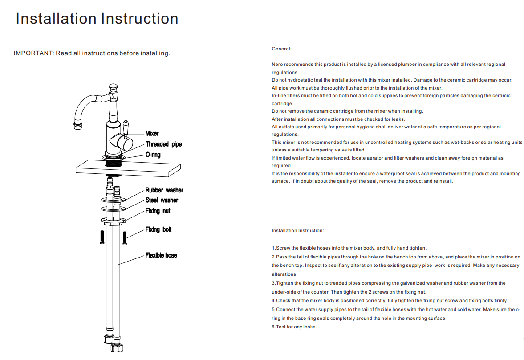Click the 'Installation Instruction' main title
[x=97, y=19]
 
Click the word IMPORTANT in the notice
[x=33, y=53]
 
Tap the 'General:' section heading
[x=281, y=49]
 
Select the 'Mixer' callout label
[x=152, y=133]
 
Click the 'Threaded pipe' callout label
[x=163, y=144]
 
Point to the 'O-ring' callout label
[x=153, y=155]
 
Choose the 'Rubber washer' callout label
[x=164, y=190]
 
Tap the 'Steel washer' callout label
[x=162, y=200]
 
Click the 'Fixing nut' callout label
[x=158, y=211]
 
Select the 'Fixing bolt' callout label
[x=158, y=229]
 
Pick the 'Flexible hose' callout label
[x=161, y=255]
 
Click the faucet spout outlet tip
[x=78, y=126]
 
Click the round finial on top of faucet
[x=114, y=86]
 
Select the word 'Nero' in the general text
[x=277, y=65]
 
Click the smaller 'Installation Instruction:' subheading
[x=298, y=231]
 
